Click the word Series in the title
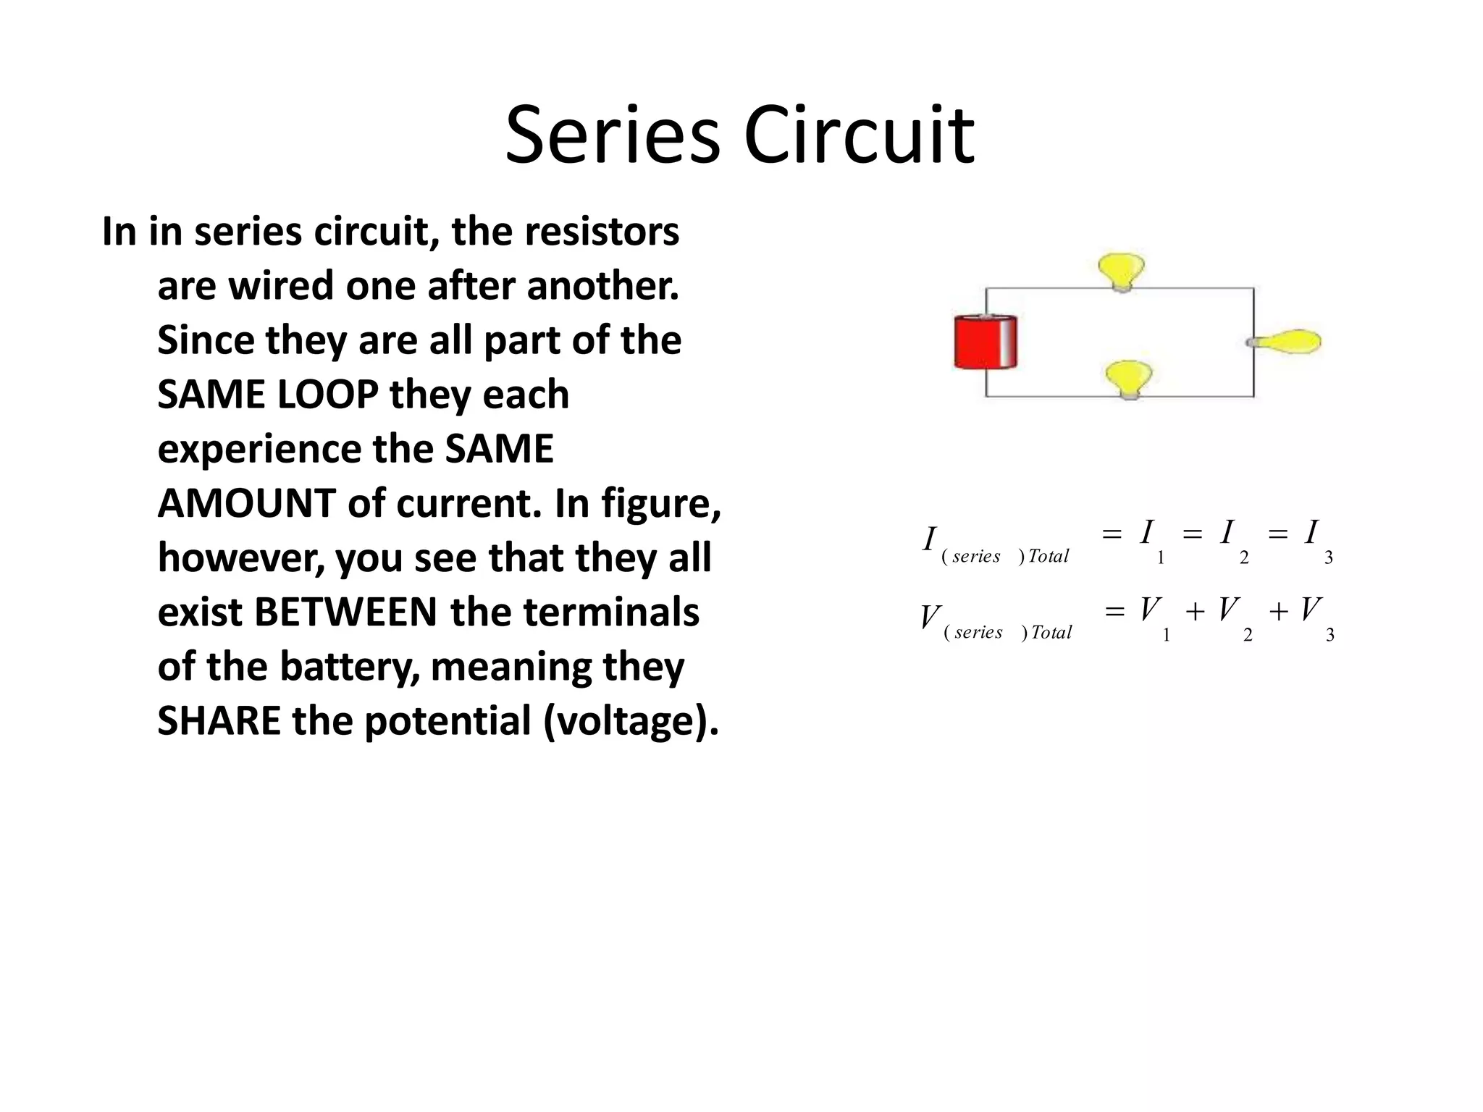pyautogui.click(x=612, y=136)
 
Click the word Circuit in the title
pyautogui.click(x=860, y=136)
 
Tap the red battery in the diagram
pyautogui.click(x=985, y=342)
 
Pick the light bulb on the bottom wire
pyautogui.click(x=1128, y=379)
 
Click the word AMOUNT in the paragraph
pyautogui.click(x=246, y=504)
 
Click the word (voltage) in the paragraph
pyautogui.click(x=631, y=722)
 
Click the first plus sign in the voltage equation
pyautogui.click(x=1195, y=612)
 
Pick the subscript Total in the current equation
pyautogui.click(x=1048, y=556)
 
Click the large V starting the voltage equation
pyautogui.click(x=930, y=618)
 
